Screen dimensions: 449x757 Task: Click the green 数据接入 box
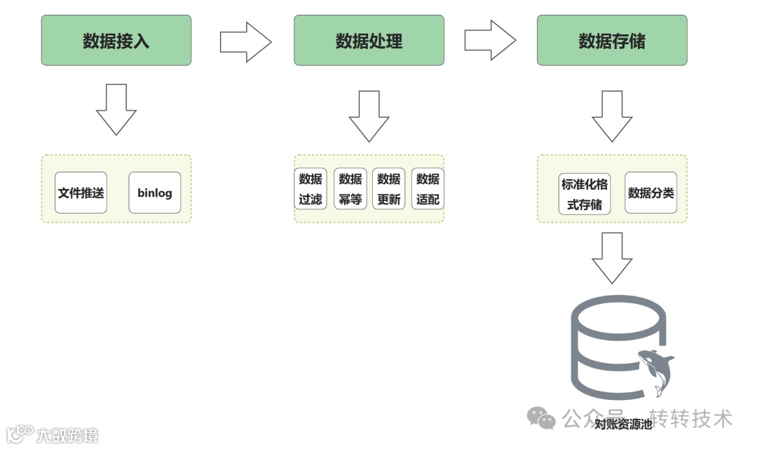point(116,41)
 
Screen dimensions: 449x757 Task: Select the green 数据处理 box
point(369,41)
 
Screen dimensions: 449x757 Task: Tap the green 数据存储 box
point(612,41)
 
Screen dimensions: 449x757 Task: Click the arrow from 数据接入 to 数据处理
point(245,41)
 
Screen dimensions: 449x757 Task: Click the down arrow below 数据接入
point(116,109)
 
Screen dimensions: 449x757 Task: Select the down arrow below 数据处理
point(369,116)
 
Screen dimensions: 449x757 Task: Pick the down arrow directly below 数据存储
point(612,116)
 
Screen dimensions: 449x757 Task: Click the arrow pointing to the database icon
point(612,257)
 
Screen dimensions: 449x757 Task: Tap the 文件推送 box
point(81,193)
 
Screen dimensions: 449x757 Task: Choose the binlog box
point(155,193)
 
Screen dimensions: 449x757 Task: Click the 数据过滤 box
point(311,189)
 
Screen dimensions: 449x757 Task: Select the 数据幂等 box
point(350,189)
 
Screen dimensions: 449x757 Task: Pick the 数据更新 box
point(389,189)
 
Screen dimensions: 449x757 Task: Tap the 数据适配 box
point(428,189)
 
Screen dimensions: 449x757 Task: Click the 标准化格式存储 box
point(585,194)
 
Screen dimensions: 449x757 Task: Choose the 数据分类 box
point(651,193)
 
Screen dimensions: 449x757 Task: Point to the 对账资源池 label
point(622,424)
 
